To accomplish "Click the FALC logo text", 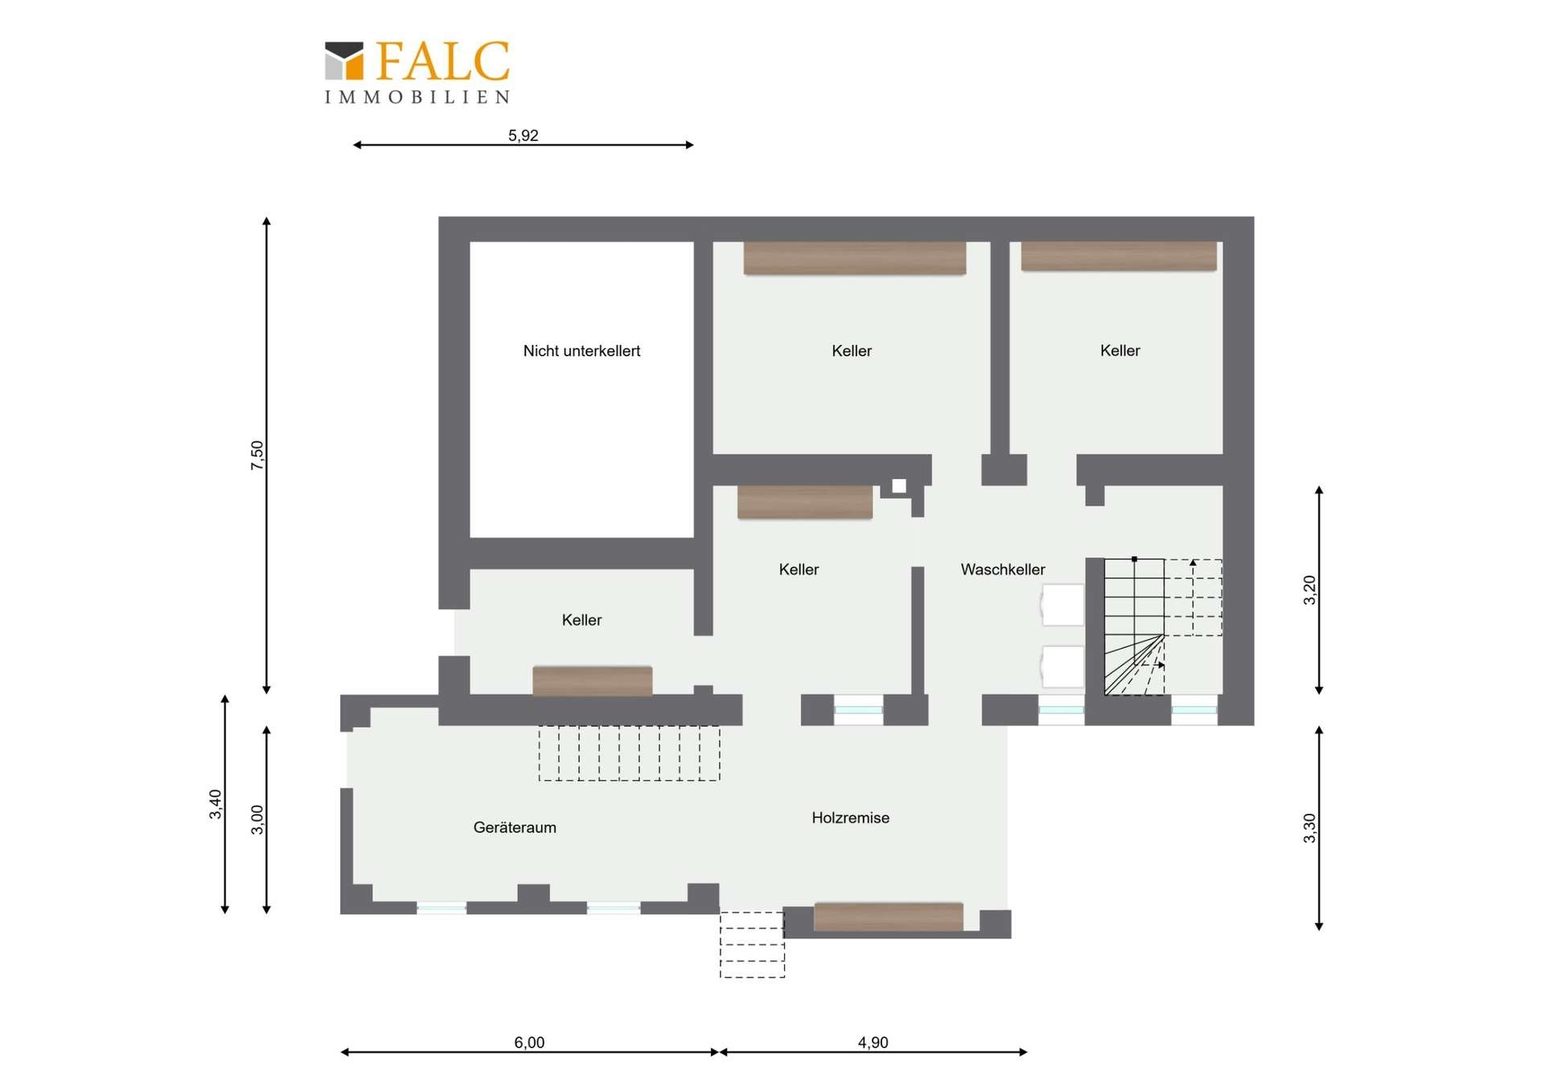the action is click(x=442, y=61).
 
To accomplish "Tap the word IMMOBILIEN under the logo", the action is click(x=417, y=97).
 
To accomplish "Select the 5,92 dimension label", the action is click(x=523, y=135).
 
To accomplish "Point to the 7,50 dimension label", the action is click(x=257, y=455).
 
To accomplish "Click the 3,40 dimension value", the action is click(x=215, y=804).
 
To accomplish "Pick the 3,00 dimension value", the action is click(x=257, y=819).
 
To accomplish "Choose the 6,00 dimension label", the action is click(x=529, y=1042).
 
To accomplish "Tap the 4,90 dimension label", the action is click(x=873, y=1042).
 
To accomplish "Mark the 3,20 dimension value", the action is click(x=1309, y=590).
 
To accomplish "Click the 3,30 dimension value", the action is click(x=1309, y=828).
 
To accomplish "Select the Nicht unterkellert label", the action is click(x=581, y=351).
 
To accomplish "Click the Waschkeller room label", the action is click(x=1003, y=569).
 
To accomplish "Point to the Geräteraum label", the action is click(x=515, y=827).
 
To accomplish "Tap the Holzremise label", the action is click(x=850, y=818).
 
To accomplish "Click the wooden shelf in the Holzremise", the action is click(x=889, y=917).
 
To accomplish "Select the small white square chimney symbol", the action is click(x=899, y=486).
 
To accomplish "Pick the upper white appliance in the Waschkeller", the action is click(x=1062, y=605).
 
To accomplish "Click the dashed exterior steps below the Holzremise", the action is click(x=752, y=945).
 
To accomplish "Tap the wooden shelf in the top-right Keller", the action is click(x=1119, y=256).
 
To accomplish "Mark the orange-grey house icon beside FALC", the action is click(x=344, y=61).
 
